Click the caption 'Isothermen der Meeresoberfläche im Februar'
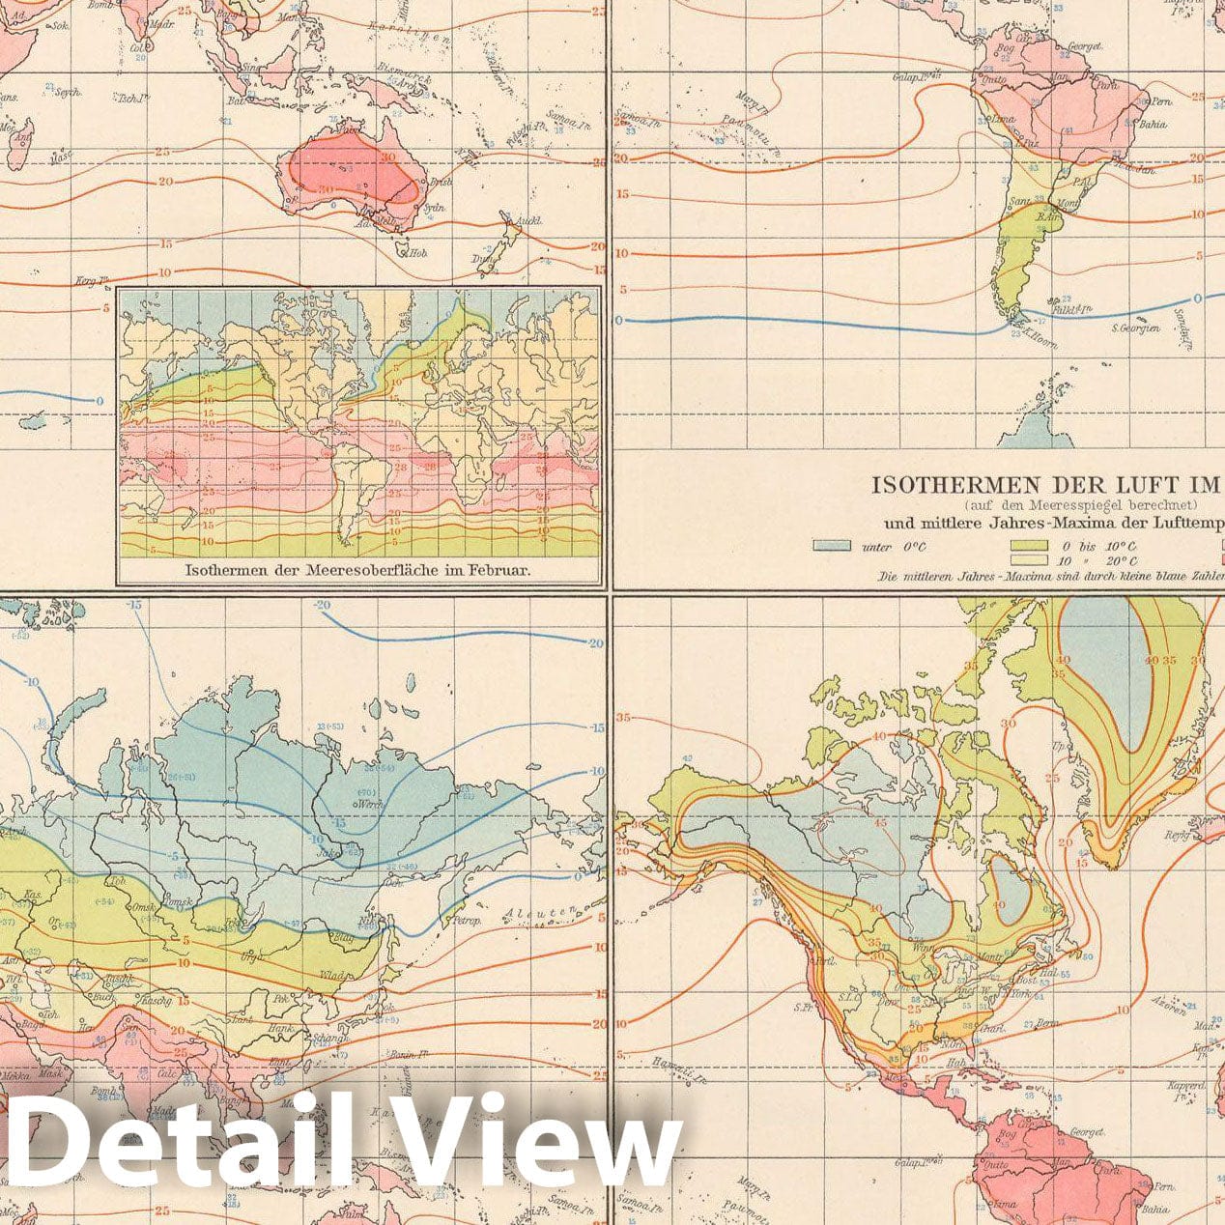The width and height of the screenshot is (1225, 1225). coord(357,570)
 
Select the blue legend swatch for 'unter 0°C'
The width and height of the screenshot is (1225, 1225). coord(832,546)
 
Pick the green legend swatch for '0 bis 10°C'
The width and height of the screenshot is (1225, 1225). coord(1029,546)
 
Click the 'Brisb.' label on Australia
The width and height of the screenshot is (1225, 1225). coord(442,182)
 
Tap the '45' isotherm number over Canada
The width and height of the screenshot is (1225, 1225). coord(880,822)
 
